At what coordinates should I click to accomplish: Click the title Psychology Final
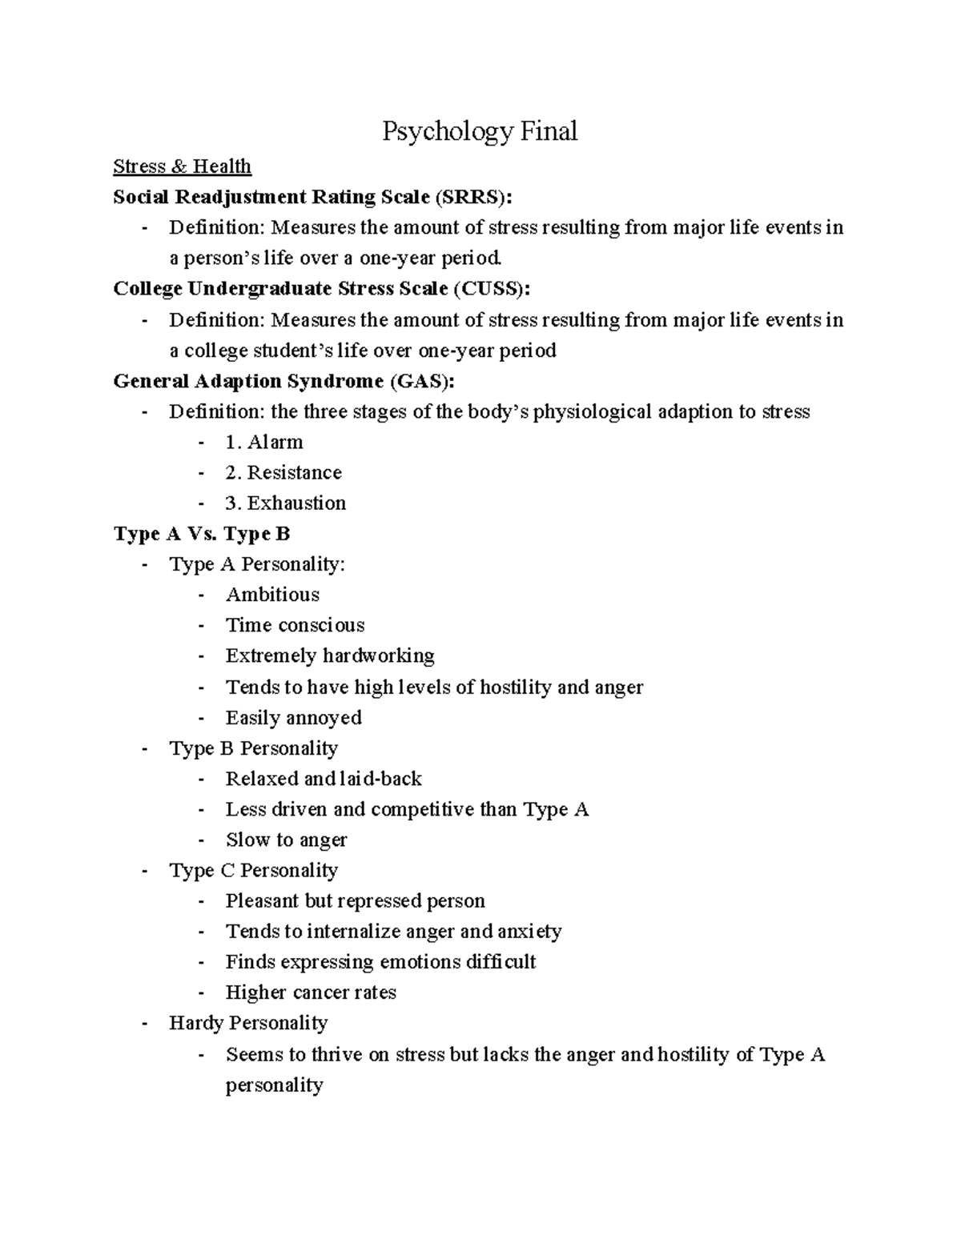coord(479,131)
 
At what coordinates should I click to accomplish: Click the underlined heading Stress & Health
coord(182,166)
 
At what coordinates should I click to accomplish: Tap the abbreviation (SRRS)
coord(472,197)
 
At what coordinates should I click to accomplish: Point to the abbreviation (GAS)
coord(421,381)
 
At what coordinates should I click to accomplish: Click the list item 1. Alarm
coord(264,442)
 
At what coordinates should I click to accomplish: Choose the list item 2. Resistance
coord(283,472)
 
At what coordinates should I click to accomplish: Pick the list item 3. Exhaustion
coord(286,503)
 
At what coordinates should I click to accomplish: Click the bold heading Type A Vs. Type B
coord(202,534)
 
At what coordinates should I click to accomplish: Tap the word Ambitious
coord(272,595)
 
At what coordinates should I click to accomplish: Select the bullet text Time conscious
coord(295,625)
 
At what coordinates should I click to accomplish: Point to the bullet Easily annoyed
coord(293,717)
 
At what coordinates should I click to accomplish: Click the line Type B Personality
coord(253,748)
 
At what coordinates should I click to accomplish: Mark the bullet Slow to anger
coord(286,840)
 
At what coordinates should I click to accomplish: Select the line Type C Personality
coord(253,870)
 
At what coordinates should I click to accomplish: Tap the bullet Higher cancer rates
coord(311,992)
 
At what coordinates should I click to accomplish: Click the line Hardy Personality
coord(248,1023)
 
